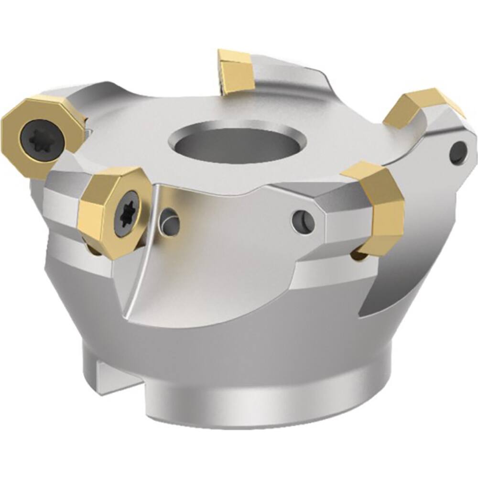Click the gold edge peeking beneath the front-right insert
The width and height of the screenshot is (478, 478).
point(359,256)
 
